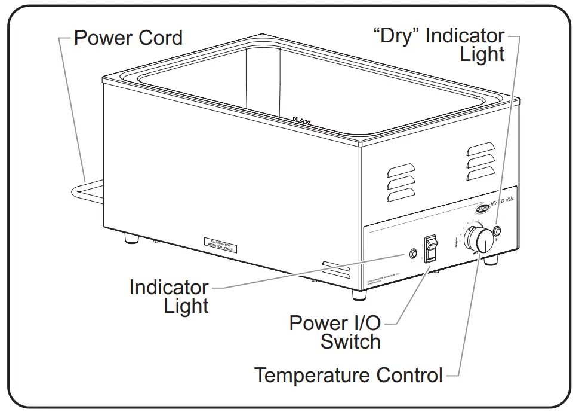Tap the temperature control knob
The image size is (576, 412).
tap(479, 239)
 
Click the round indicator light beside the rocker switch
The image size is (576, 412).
tap(412, 254)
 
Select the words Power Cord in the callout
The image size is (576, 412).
tap(128, 38)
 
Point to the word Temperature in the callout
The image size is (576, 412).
tap(314, 376)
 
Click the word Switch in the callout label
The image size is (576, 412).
tap(350, 342)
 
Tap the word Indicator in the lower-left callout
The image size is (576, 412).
tap(169, 287)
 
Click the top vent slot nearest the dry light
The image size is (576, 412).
tap(480, 148)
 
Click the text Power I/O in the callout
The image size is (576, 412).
tap(335, 323)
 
